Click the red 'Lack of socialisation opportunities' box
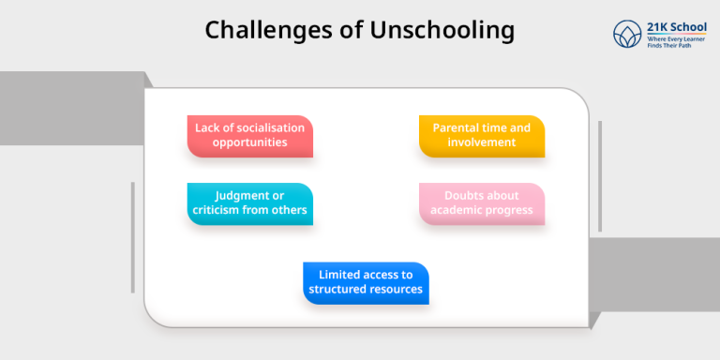tap(249, 136)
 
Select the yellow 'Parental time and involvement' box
tap(481, 136)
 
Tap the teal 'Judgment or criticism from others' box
tap(249, 203)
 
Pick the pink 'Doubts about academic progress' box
tap(481, 203)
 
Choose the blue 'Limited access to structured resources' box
tap(366, 282)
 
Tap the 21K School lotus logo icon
tap(625, 35)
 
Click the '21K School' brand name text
tap(676, 27)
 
